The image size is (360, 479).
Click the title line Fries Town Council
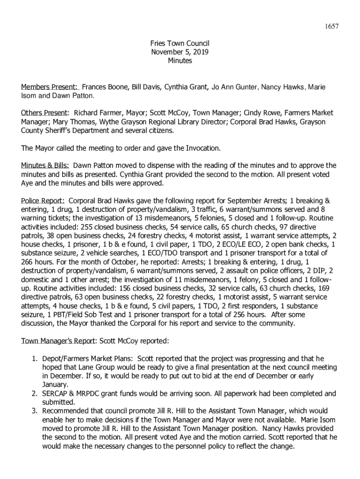[180, 44]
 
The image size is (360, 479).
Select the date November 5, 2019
[180, 52]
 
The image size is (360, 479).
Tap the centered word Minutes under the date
[180, 60]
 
